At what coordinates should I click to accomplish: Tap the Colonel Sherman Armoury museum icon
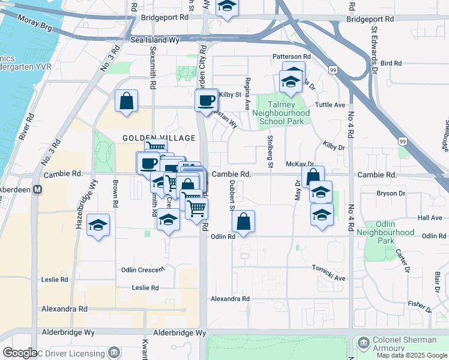(x=364, y=342)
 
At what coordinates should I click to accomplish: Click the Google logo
(x=20, y=353)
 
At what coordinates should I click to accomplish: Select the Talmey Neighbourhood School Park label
(x=281, y=113)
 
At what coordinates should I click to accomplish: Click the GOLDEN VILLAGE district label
(x=159, y=138)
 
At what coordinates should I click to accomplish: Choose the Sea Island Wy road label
(x=155, y=40)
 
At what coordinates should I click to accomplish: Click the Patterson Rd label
(x=292, y=56)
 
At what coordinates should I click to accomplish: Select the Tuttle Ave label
(x=330, y=104)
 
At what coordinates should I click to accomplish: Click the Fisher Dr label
(x=420, y=307)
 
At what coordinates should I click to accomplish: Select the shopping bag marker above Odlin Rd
(x=243, y=221)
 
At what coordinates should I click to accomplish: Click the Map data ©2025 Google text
(x=412, y=355)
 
